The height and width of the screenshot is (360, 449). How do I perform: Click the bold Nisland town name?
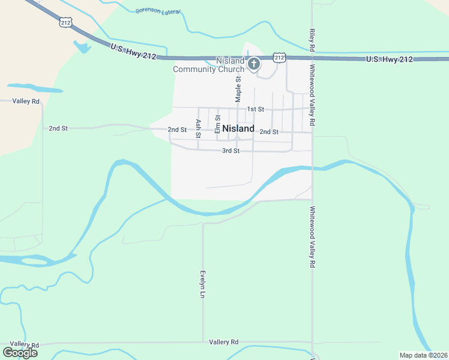point(238,128)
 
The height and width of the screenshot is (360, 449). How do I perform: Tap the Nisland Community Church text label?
point(209,65)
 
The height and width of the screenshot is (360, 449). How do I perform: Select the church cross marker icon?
point(254,64)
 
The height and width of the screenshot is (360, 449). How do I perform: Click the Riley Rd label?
point(312,40)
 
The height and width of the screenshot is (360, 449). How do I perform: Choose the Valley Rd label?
point(26,101)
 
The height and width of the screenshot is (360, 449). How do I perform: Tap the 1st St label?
point(256,109)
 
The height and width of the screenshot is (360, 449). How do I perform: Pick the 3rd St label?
point(231,151)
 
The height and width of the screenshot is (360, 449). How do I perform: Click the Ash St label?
point(198,128)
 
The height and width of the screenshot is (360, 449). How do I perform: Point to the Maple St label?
point(238,87)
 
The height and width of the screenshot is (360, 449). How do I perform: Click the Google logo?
point(20,353)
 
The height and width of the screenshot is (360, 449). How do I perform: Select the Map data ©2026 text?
point(424,355)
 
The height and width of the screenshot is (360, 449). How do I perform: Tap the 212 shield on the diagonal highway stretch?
point(65,22)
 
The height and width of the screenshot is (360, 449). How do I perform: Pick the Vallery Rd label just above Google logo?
point(24,344)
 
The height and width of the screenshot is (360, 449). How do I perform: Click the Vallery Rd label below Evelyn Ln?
point(224,342)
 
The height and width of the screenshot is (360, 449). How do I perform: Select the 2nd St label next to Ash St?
point(178,130)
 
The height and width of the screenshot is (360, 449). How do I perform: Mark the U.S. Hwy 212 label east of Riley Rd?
point(390,59)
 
